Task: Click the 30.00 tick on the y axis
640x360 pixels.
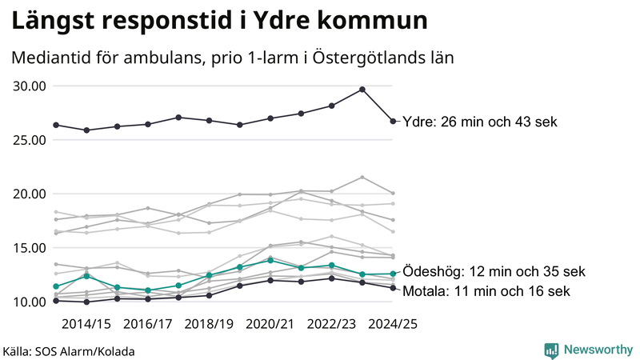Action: (x=30, y=86)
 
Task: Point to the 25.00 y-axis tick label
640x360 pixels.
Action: (x=30, y=140)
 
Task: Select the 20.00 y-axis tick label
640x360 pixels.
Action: (x=30, y=194)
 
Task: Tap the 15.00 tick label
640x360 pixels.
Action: (x=30, y=248)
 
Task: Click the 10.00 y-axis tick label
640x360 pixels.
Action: (x=30, y=302)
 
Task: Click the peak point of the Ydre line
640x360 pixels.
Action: (x=362, y=90)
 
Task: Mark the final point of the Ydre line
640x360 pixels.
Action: (x=393, y=122)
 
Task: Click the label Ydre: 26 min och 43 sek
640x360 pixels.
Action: (x=479, y=122)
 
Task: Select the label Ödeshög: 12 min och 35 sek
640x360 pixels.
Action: (x=494, y=271)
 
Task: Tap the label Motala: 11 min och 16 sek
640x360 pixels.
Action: (x=486, y=291)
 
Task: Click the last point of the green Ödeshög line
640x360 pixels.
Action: (x=393, y=274)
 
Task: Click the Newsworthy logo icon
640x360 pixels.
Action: (x=551, y=350)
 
